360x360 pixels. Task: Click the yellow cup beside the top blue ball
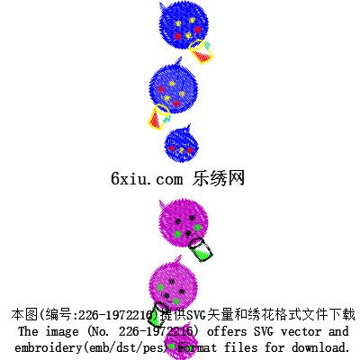click(x=201, y=51)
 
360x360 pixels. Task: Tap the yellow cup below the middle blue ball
click(x=158, y=117)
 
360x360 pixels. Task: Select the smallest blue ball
click(x=181, y=145)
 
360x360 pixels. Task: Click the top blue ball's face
click(x=187, y=29)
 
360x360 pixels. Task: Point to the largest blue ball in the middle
click(x=174, y=87)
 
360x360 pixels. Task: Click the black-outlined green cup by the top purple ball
click(x=201, y=249)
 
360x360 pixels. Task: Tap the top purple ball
click(x=184, y=222)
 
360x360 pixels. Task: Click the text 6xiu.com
click(x=147, y=179)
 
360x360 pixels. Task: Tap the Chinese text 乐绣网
click(x=219, y=178)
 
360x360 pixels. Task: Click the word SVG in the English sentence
click(x=264, y=331)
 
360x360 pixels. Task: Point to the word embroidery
click(x=48, y=348)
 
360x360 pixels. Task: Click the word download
click(x=320, y=347)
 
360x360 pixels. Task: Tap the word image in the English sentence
click(x=62, y=332)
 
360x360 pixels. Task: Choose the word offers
click(x=227, y=332)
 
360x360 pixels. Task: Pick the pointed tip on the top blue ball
click(x=160, y=4)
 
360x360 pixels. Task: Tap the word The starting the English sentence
click(x=28, y=331)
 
